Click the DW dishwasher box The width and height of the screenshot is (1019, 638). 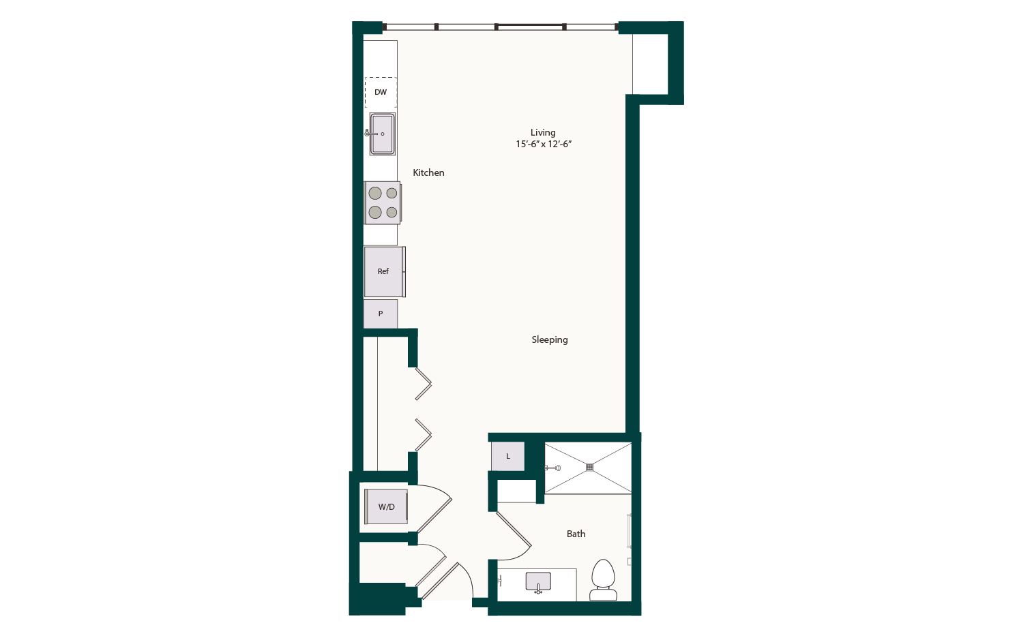tap(381, 92)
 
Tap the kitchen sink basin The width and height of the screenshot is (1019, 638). tap(383, 134)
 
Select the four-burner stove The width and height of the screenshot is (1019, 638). tap(383, 203)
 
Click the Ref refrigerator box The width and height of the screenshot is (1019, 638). tap(384, 271)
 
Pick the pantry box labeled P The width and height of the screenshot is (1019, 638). tap(381, 314)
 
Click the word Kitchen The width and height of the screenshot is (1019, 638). tap(428, 173)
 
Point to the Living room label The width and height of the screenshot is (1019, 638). tap(543, 132)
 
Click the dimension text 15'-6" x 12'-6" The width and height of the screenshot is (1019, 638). tap(543, 145)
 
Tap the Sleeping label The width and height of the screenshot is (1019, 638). tap(549, 339)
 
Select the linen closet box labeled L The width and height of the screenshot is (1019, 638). tap(508, 457)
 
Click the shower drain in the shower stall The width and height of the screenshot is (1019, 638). tap(590, 468)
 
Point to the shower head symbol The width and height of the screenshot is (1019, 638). tap(554, 468)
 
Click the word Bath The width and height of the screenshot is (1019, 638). tap(576, 534)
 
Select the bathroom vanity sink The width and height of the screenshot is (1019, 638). tap(538, 582)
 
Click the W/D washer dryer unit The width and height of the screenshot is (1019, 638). tap(386, 507)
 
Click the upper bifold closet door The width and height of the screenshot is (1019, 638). tap(424, 384)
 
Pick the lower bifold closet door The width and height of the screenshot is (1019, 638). tap(424, 435)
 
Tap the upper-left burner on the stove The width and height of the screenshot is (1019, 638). tap(375, 194)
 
